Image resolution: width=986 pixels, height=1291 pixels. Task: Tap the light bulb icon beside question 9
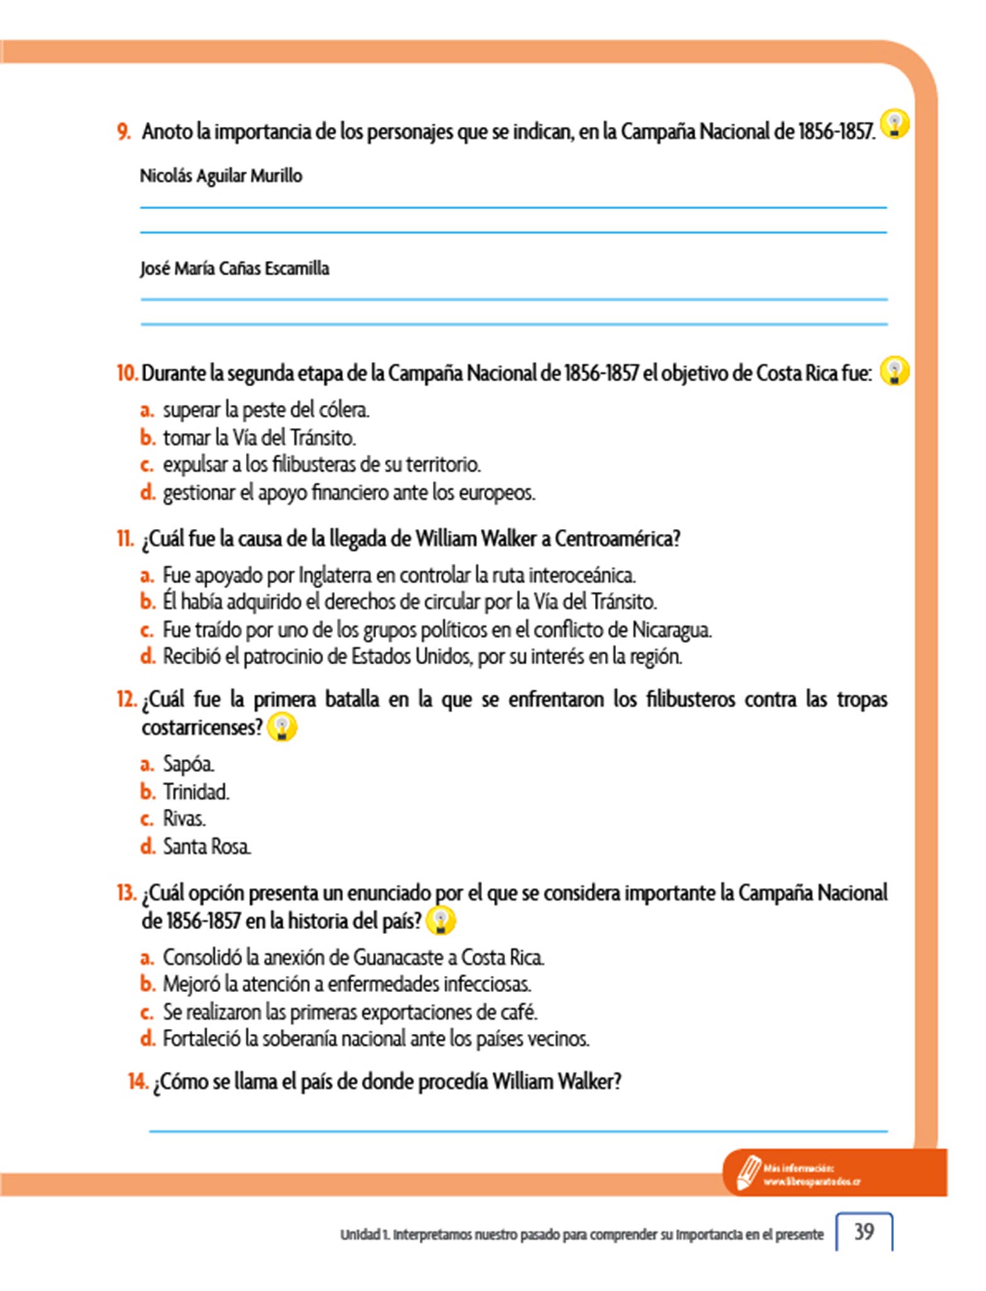tap(895, 124)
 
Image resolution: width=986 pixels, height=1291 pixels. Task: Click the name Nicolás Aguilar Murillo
tap(221, 176)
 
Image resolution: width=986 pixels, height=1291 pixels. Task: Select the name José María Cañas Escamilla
tap(234, 269)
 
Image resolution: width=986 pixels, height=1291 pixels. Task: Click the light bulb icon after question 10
tap(895, 371)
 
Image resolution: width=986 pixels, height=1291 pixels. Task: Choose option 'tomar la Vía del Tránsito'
tap(259, 437)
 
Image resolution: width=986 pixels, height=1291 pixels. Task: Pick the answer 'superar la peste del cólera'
tap(266, 410)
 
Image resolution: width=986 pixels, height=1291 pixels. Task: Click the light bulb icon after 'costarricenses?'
tap(282, 727)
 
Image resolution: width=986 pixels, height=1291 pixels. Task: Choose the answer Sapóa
tap(188, 764)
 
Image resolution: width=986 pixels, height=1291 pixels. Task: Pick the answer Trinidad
tap(195, 792)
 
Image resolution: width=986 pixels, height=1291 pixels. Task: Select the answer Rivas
tap(184, 819)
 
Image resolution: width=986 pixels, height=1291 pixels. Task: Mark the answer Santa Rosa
tap(206, 847)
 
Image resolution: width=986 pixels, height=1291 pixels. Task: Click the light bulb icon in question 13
tap(440, 920)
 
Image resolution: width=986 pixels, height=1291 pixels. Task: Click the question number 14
tap(138, 1082)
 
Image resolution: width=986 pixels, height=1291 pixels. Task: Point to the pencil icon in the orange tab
tap(748, 1172)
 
